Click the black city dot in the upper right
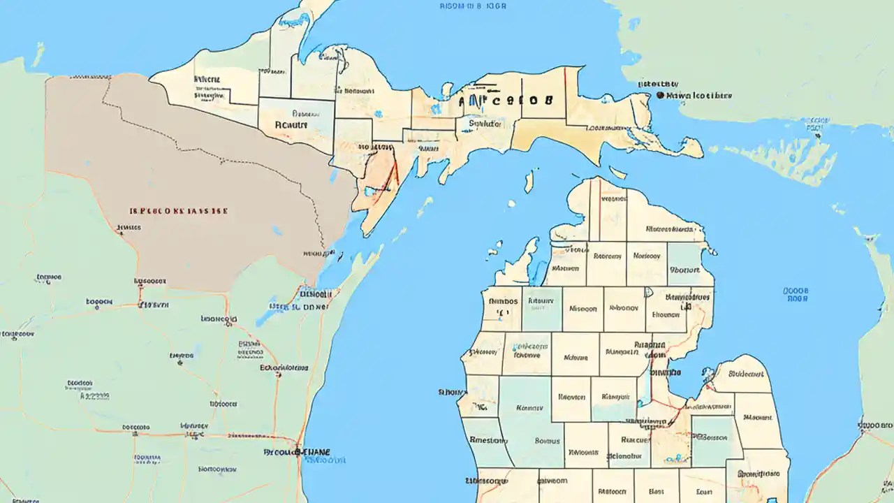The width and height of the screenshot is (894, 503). pos(659,95)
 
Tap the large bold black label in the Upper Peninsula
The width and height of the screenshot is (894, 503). pos(506,100)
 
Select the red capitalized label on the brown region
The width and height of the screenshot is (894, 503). pos(180,210)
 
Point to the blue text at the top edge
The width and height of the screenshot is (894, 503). pos(473,6)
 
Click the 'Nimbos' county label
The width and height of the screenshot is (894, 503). pos(501,302)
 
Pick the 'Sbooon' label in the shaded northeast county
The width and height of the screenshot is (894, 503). pos(684,269)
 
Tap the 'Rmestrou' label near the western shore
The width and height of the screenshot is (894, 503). pos(488,440)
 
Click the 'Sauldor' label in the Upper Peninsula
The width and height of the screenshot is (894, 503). pos(485,124)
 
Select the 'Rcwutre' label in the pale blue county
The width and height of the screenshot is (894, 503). pos(291,125)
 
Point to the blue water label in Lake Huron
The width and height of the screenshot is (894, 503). pos(796,294)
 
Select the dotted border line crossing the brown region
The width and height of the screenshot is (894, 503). pos(210,150)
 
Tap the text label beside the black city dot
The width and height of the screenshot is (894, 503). pos(698,95)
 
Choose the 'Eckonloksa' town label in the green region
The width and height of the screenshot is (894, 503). pos(284,367)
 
